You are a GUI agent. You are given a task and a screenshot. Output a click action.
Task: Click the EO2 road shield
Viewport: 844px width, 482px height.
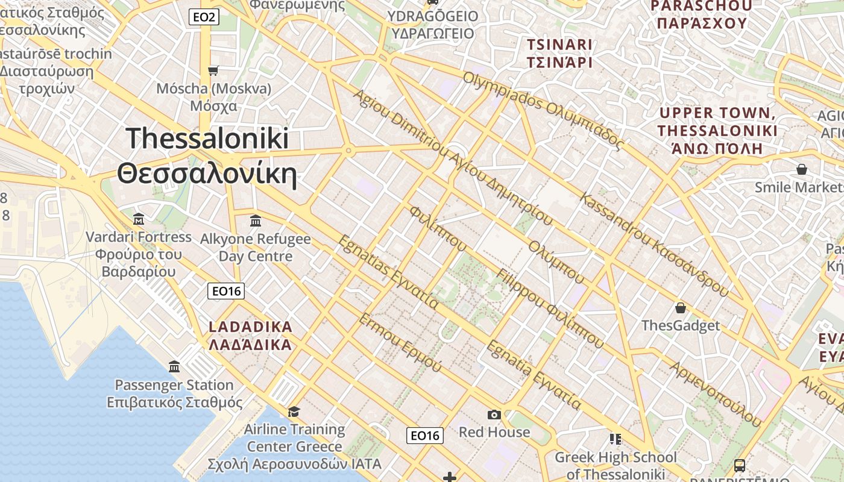click(x=204, y=17)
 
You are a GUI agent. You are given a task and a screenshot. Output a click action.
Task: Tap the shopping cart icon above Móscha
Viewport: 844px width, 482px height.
click(x=213, y=71)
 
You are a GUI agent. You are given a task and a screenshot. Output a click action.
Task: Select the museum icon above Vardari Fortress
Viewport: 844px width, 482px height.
click(x=139, y=219)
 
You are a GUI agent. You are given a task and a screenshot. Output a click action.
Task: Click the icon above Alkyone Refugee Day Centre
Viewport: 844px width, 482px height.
click(x=255, y=221)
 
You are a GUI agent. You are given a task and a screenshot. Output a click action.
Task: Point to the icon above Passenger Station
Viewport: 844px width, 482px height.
click(x=174, y=366)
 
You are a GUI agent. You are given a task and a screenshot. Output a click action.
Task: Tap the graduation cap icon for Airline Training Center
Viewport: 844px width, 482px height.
click(x=294, y=412)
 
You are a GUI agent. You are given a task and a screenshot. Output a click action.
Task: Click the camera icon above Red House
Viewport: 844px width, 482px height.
click(x=494, y=415)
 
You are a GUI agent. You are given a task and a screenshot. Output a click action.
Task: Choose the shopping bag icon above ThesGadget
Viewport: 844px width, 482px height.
click(x=681, y=308)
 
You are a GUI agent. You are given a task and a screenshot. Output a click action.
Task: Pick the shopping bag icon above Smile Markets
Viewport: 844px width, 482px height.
click(x=802, y=169)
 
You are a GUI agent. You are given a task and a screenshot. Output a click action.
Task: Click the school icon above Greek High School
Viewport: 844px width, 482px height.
click(x=615, y=439)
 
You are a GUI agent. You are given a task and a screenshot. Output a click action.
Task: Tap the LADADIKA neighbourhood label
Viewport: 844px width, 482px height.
click(x=250, y=336)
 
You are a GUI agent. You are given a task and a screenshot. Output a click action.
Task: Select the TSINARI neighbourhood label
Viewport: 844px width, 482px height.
click(x=559, y=53)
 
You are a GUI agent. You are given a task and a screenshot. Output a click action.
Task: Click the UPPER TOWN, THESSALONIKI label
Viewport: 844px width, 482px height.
click(x=717, y=130)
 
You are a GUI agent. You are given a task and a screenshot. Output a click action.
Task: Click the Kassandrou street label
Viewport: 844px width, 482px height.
click(x=654, y=244)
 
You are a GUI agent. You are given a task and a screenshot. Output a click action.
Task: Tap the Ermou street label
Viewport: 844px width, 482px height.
click(x=399, y=342)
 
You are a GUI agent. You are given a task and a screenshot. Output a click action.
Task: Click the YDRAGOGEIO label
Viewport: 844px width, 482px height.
click(x=433, y=25)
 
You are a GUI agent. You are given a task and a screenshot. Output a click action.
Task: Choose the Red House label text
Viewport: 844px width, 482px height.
click(x=494, y=432)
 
